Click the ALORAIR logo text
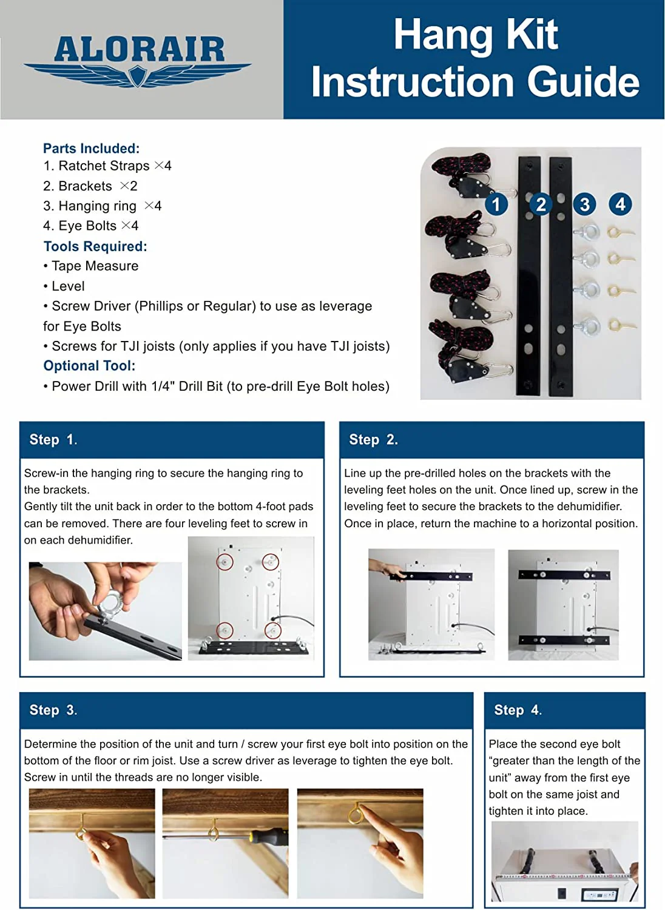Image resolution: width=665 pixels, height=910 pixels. (x=139, y=49)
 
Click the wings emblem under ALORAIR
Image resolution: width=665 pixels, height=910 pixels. (x=138, y=74)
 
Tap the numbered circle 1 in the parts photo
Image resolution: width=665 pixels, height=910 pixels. (x=496, y=204)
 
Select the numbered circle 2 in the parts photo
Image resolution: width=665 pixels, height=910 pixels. (x=541, y=204)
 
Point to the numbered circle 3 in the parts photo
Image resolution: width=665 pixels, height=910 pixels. (x=584, y=204)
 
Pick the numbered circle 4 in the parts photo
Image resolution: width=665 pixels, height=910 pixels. (x=620, y=204)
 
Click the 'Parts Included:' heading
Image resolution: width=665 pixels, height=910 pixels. (x=91, y=149)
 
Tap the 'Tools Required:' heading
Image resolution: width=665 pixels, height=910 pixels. (x=95, y=246)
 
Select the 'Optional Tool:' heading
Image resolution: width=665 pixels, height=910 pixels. (x=89, y=366)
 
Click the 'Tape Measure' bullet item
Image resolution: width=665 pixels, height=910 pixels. (x=95, y=266)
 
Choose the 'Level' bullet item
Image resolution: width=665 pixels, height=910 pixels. (x=67, y=286)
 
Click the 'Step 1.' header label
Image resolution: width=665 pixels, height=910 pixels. (x=53, y=440)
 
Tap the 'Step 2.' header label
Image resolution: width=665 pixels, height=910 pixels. (x=373, y=440)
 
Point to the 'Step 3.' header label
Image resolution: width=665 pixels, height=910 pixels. (x=53, y=710)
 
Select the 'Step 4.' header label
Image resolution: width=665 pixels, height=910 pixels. (x=518, y=710)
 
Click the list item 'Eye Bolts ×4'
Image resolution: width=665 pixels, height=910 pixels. (x=91, y=226)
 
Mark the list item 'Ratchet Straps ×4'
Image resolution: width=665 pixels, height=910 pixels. (x=107, y=166)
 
